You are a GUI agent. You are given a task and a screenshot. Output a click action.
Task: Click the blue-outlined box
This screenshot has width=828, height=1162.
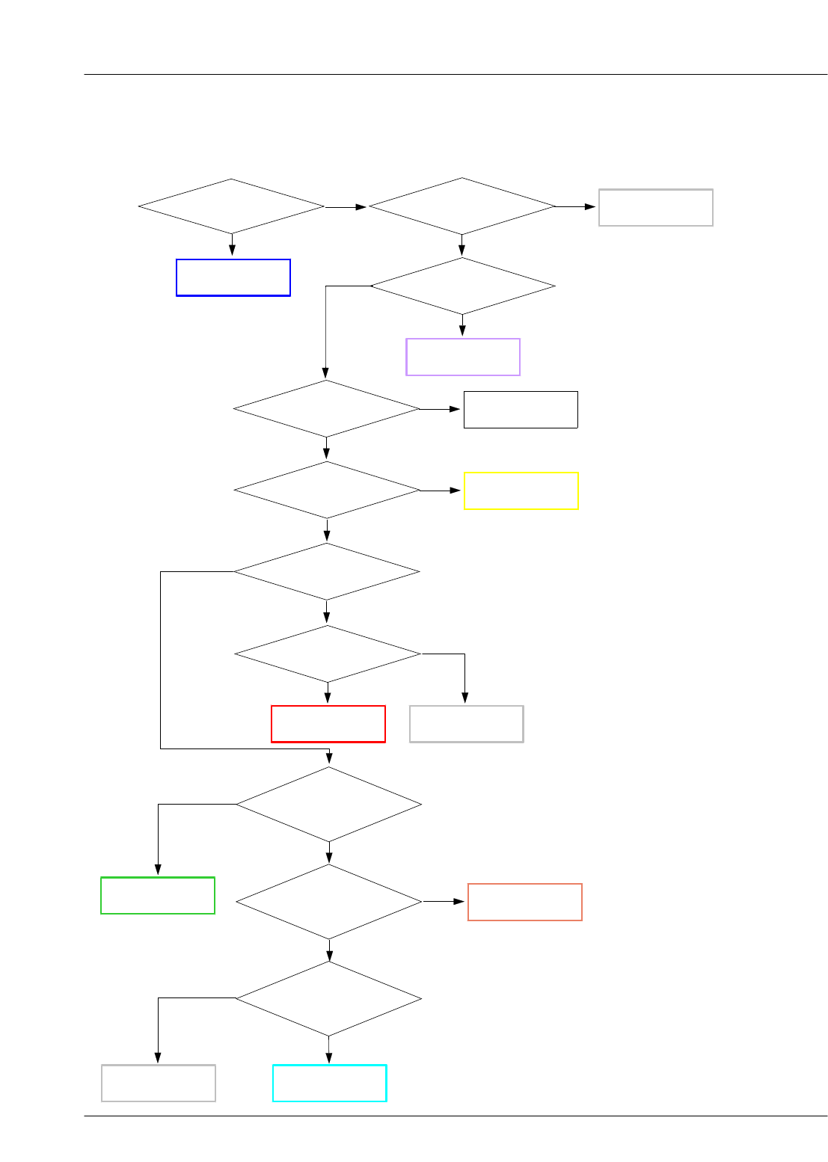[233, 277]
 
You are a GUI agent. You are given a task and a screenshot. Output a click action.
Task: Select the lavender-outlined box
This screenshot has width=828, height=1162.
[462, 357]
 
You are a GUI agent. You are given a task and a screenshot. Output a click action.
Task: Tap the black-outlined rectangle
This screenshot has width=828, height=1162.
[521, 409]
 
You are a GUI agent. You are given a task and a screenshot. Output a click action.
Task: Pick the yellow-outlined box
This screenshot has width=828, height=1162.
[521, 491]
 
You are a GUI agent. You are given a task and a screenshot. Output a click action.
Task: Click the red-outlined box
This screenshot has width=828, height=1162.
[328, 724]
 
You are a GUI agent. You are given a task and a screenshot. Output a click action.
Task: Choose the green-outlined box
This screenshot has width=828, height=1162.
[158, 895]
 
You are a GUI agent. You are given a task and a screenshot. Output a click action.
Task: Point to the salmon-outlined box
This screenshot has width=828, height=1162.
[524, 902]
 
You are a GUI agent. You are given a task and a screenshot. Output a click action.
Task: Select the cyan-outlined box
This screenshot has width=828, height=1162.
[329, 1083]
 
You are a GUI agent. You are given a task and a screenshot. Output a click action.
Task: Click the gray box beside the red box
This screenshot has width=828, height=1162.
[466, 724]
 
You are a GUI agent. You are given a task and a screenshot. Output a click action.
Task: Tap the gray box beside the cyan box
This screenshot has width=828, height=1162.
[158, 1083]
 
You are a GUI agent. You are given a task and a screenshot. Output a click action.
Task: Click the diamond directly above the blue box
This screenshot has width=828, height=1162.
[231, 206]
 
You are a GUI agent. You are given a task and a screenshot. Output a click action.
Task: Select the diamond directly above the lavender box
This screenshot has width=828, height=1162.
[462, 286]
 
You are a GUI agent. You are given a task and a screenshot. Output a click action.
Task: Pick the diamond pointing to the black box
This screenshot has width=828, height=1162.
[326, 409]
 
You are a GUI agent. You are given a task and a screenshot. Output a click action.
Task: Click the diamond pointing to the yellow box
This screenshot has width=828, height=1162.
[327, 491]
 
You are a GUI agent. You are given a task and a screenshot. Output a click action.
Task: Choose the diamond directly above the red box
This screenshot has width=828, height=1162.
[328, 654]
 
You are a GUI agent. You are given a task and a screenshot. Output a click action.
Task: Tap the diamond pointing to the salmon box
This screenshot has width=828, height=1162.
[329, 902]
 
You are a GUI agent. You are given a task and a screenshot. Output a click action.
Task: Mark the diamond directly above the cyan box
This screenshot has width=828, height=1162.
[329, 998]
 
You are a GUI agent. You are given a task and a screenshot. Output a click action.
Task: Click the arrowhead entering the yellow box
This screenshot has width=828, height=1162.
[456, 491]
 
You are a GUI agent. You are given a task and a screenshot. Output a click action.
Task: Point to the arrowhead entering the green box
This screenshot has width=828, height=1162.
[158, 870]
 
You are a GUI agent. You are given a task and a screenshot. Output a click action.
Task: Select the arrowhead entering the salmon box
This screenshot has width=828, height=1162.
[461, 902]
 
